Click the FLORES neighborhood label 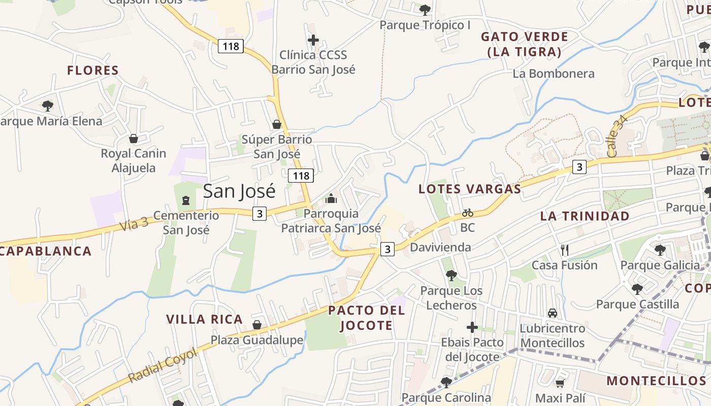click(x=93, y=71)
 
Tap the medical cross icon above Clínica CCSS click(x=313, y=40)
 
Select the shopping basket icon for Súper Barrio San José click(x=276, y=124)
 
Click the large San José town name click(x=239, y=191)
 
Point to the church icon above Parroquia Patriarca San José click(x=331, y=198)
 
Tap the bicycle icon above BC click(x=467, y=213)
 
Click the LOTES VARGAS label click(x=470, y=189)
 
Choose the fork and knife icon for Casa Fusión click(x=564, y=250)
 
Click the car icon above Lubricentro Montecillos click(x=553, y=313)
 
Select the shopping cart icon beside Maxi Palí click(x=560, y=383)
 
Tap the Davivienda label click(x=440, y=247)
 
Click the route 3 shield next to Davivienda click(x=388, y=249)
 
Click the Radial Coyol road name click(x=163, y=365)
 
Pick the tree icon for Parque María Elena click(x=48, y=106)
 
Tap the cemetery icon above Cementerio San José click(x=186, y=200)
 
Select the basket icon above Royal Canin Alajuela click(x=134, y=138)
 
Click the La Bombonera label click(x=554, y=74)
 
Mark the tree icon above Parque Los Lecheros click(x=451, y=276)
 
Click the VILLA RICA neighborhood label click(x=205, y=319)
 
